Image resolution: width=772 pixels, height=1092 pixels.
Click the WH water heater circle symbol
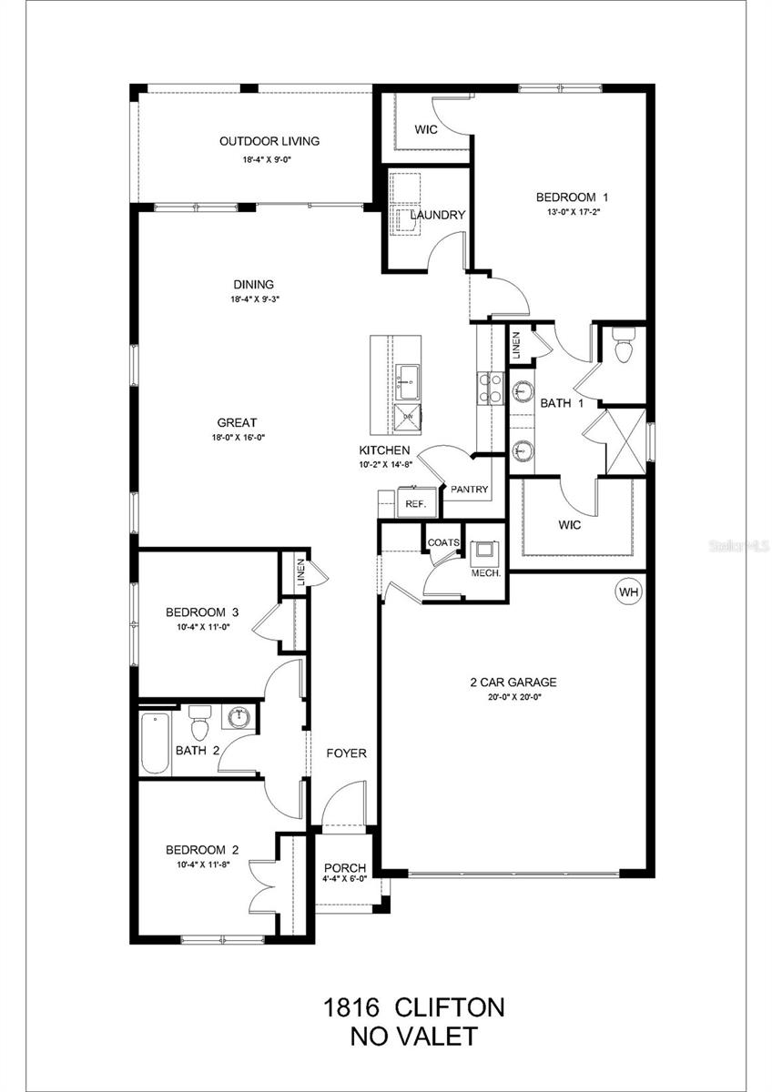point(628,592)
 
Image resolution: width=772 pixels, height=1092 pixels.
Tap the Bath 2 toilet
point(200,726)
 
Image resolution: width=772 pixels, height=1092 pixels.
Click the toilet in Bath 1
point(624,347)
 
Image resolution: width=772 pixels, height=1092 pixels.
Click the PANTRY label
point(470,490)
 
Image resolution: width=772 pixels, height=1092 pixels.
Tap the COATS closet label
point(445,542)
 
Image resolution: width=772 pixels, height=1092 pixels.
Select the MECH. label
point(482,573)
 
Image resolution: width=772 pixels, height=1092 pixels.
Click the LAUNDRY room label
point(437,215)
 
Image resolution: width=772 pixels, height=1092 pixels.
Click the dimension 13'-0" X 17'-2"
point(571,211)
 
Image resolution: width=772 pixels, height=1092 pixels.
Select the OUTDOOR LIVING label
point(269,141)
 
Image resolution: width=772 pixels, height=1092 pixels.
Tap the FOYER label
point(347,753)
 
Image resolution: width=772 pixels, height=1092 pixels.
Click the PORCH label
point(345,867)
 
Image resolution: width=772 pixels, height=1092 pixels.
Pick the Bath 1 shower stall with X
point(625,440)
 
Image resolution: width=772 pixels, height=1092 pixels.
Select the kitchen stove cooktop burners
point(492,387)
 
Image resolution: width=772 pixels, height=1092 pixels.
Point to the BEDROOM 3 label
point(202,612)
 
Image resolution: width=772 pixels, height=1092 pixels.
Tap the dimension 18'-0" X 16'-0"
point(237,437)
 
